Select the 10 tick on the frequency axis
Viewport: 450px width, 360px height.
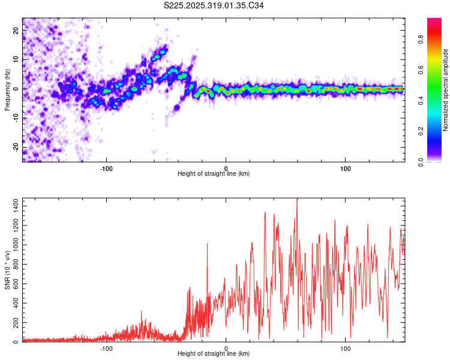(x=17, y=59)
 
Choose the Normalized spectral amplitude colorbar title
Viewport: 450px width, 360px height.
(x=446, y=90)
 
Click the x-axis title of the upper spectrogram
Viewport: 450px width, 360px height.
(x=214, y=174)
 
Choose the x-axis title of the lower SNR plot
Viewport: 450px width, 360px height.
(x=214, y=354)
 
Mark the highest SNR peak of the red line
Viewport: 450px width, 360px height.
(x=297, y=199)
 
